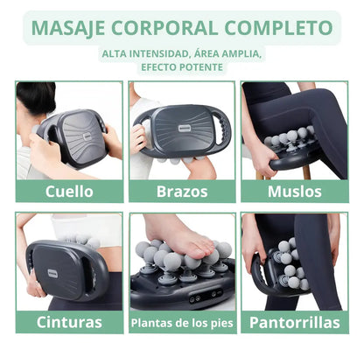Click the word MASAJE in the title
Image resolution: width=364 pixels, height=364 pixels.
[68, 28]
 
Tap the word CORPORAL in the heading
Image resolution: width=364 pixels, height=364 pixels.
[164, 28]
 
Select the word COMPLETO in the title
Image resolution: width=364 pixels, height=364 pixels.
[278, 28]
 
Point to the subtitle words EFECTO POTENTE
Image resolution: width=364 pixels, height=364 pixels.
[182, 67]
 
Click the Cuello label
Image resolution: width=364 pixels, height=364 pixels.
[69, 192]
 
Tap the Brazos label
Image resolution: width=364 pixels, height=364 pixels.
[182, 192]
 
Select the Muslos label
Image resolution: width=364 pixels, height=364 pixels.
[295, 192]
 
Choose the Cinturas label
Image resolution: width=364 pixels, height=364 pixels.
[69, 322]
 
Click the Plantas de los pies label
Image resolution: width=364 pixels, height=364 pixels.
[182, 323]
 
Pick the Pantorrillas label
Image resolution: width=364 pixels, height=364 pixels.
[295, 322]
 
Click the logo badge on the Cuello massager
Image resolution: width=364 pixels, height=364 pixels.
[87, 138]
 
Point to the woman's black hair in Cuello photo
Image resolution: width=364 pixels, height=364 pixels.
[36, 97]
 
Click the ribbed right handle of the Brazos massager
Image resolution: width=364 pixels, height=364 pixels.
[224, 130]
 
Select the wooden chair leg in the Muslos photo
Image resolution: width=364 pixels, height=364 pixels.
[306, 172]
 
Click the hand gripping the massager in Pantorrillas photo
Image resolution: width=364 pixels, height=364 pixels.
[252, 247]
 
